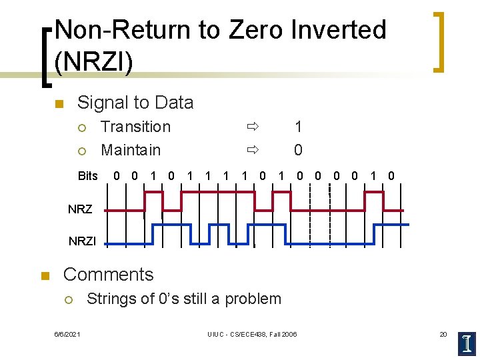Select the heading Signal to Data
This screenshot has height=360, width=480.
click(x=135, y=103)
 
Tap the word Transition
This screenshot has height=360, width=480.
click(x=135, y=127)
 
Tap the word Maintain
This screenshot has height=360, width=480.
click(x=131, y=150)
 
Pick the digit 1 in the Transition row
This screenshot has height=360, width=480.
click(x=298, y=127)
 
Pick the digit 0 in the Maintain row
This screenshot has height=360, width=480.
click(x=298, y=150)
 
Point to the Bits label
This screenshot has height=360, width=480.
click(x=88, y=177)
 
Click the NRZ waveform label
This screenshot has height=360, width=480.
click(x=80, y=209)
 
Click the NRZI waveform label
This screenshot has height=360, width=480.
click(x=82, y=241)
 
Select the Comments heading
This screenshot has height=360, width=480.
click(x=108, y=275)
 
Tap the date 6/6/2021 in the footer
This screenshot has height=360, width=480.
click(x=67, y=333)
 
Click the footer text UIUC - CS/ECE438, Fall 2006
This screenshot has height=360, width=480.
click(x=252, y=333)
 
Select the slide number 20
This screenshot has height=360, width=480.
click(x=443, y=333)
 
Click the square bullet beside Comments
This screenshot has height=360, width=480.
click(x=45, y=276)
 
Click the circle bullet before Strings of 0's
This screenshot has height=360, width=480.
click(x=67, y=299)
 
